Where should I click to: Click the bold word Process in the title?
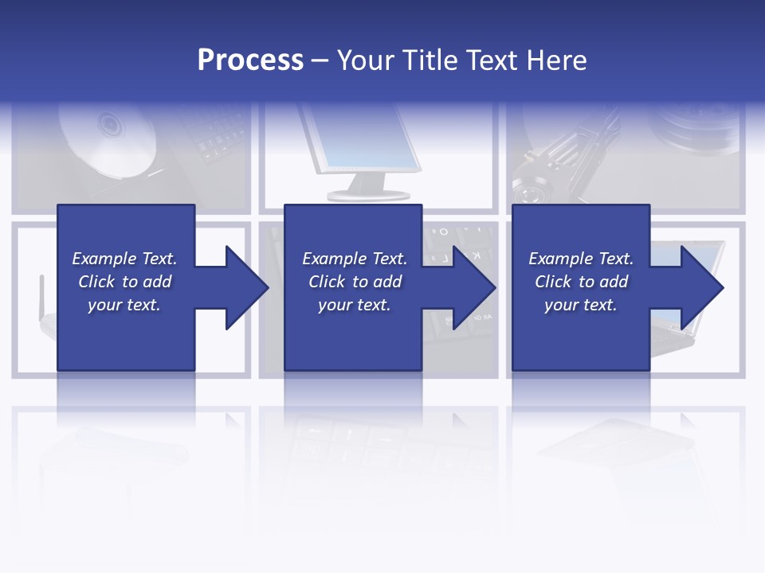(250, 60)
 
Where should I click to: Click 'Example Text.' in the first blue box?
(124, 259)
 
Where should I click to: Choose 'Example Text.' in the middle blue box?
(355, 259)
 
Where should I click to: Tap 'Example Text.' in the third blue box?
(581, 259)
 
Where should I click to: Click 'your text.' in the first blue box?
(124, 305)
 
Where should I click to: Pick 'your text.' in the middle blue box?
(355, 305)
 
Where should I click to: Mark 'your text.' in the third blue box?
(581, 305)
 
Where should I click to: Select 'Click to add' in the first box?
(124, 282)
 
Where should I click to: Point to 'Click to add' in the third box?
(581, 282)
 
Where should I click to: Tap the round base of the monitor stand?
(369, 194)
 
